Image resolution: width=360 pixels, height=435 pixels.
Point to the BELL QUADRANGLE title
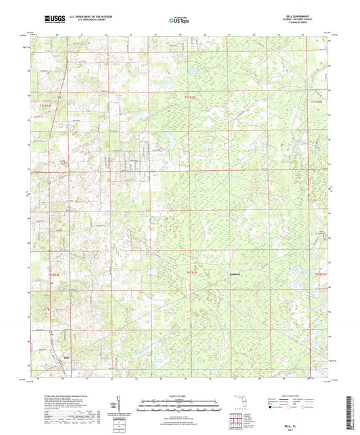pos(301,15)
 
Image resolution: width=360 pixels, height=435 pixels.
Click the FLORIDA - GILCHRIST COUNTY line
pos(301,19)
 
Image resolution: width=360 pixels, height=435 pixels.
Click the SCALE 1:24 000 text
pos(179,395)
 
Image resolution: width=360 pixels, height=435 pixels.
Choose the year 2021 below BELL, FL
pos(303,425)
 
